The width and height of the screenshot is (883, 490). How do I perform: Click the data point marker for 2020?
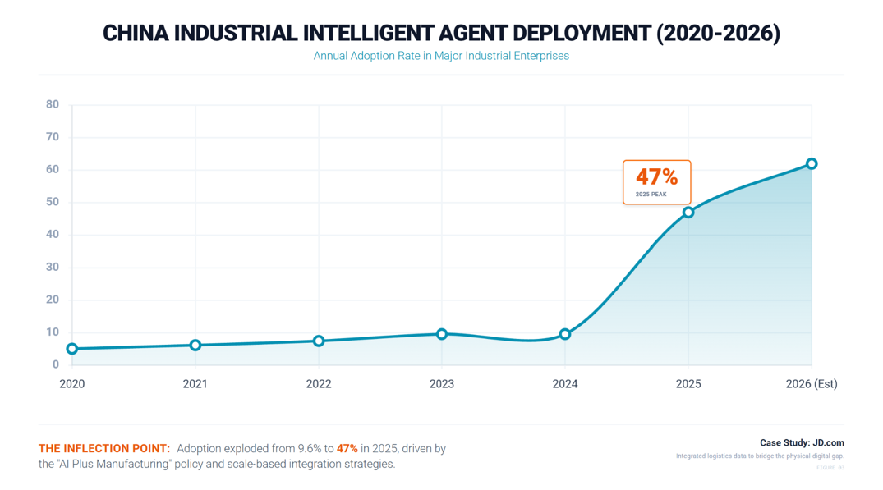[72, 349]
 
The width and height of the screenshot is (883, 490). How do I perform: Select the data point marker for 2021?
[195, 346]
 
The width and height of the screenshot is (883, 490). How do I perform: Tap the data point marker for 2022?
[319, 341]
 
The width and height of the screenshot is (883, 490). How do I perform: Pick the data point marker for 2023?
[442, 334]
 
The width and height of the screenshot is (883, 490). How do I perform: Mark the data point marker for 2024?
[565, 334]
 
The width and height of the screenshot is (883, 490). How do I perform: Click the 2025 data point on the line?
[688, 213]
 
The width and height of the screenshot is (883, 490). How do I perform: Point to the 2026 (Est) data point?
[812, 164]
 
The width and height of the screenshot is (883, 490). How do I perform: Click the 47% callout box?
[656, 182]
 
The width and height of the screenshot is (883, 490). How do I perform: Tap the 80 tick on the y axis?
[53, 104]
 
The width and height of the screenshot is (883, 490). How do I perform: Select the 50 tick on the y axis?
[53, 202]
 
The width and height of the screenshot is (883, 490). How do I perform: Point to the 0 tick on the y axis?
[56, 364]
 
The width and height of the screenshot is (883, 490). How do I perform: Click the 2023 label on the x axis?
[442, 384]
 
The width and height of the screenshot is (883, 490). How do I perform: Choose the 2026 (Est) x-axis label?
[812, 384]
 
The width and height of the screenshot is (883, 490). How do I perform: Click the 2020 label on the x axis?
[72, 384]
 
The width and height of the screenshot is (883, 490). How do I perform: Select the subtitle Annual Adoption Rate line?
[441, 56]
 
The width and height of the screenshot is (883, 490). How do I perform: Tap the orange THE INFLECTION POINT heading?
[104, 449]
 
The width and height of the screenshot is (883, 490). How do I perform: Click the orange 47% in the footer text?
[347, 449]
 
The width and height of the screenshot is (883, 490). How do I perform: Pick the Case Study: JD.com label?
[802, 443]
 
